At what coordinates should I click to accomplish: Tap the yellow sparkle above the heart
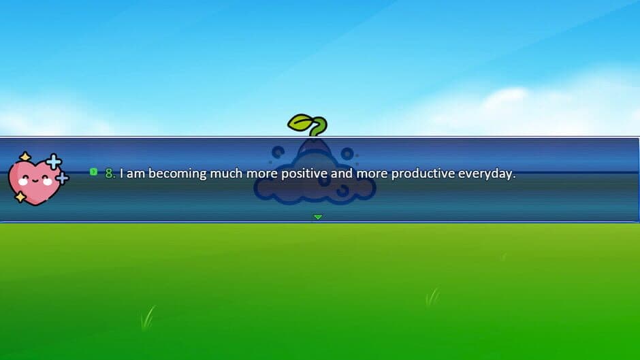(x=25, y=157)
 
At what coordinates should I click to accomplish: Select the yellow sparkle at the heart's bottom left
(x=20, y=197)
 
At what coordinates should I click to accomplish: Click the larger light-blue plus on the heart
(x=53, y=161)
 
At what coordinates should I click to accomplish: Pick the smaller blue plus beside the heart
(x=62, y=178)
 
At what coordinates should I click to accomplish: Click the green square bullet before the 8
(x=93, y=172)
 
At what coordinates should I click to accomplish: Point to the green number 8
(x=110, y=174)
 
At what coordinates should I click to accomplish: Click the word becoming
(x=178, y=174)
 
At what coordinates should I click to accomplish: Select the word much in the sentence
(x=225, y=174)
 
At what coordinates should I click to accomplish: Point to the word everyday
(x=486, y=174)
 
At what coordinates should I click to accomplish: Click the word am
(x=136, y=174)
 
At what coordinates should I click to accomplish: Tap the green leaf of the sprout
(x=302, y=123)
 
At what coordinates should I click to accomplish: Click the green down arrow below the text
(x=317, y=217)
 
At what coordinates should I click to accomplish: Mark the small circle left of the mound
(x=278, y=152)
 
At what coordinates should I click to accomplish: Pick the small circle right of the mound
(x=347, y=153)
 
